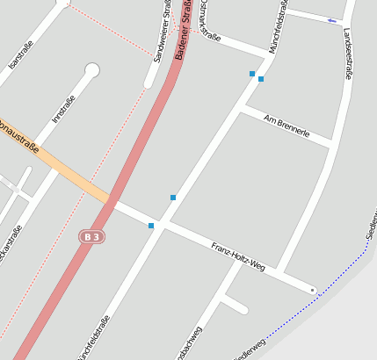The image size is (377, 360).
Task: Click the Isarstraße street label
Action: pyautogui.click(x=20, y=54)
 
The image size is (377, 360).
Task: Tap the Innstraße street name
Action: pyautogui.click(x=64, y=108)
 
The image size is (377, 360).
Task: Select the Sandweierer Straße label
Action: pyautogui.click(x=162, y=31)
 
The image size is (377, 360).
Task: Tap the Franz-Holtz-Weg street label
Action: pyautogui.click(x=237, y=254)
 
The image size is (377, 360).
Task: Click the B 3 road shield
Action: pyautogui.click(x=91, y=236)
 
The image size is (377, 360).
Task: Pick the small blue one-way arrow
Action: pyautogui.click(x=331, y=20)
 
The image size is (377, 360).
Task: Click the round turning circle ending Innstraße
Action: pyautogui.click(x=91, y=70)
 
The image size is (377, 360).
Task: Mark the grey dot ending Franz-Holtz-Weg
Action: pyautogui.click(x=312, y=289)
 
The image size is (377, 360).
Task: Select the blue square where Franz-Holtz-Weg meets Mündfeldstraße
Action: pyautogui.click(x=151, y=226)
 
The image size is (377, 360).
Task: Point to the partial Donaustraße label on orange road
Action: pyautogui.click(x=19, y=139)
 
